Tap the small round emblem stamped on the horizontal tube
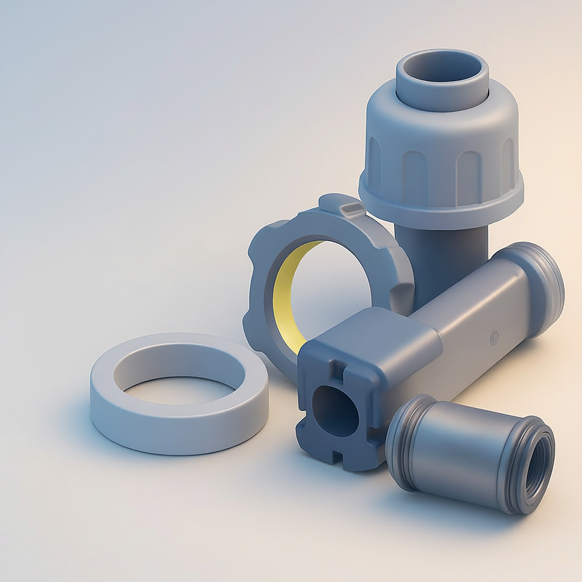point(493,337)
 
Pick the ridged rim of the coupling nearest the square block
point(405,438)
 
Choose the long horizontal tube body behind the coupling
point(472,318)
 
